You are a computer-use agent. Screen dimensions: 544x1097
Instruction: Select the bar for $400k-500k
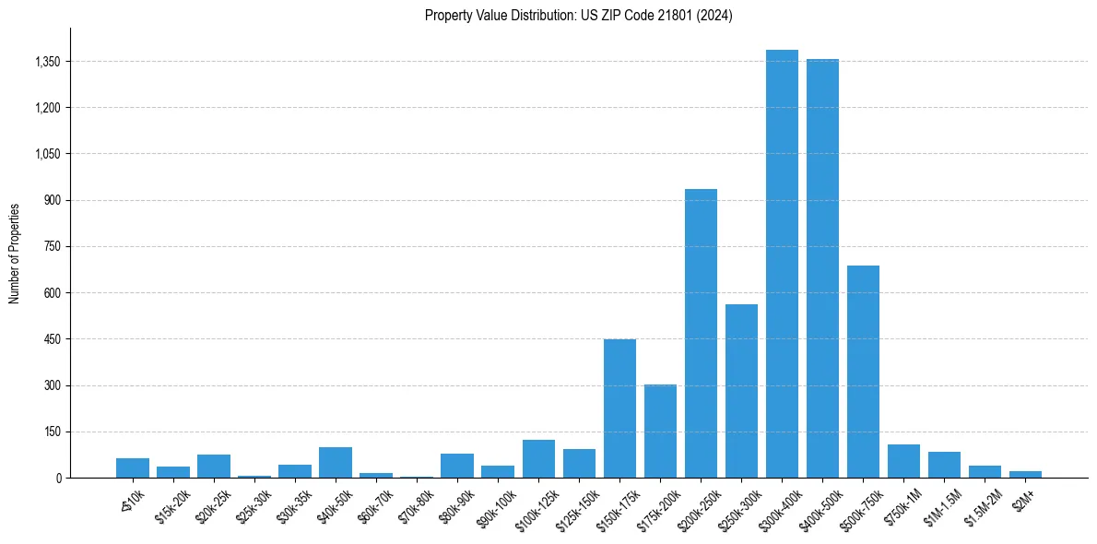tap(822, 268)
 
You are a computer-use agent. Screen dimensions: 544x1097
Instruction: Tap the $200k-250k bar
tap(701, 333)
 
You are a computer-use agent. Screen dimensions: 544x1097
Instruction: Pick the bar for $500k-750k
tap(863, 372)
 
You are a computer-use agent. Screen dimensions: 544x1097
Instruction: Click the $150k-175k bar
tap(619, 408)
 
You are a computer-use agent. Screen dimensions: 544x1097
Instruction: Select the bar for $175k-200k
tap(660, 431)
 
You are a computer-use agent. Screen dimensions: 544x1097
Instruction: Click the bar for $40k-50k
tap(336, 462)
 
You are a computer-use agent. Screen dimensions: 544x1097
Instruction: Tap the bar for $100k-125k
tap(538, 458)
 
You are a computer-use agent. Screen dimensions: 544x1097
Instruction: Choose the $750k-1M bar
tap(903, 461)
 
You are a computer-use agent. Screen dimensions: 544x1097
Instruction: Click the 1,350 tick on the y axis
tap(46, 62)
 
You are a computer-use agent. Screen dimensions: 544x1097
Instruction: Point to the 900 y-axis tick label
tap(52, 200)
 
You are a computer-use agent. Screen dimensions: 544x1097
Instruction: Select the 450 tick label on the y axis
tap(52, 339)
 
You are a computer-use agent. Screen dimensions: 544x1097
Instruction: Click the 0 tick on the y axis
tap(58, 478)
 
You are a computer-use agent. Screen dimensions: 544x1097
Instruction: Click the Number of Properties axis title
tap(14, 253)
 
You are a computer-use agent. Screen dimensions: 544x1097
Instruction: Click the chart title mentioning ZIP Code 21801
tap(578, 16)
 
